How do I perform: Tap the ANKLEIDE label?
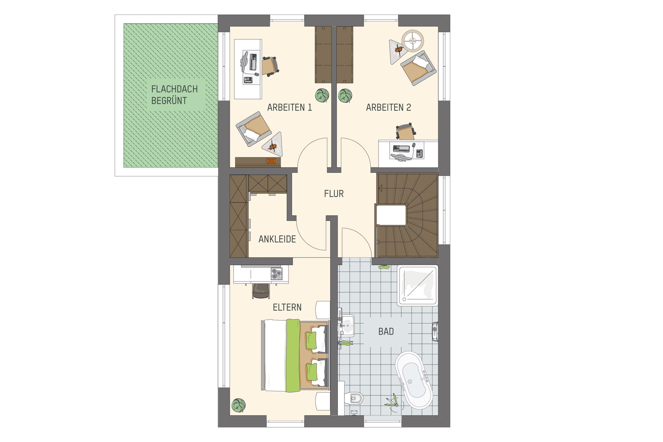tap(277, 239)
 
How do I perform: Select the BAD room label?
tap(386, 332)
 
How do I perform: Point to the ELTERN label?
tap(287, 307)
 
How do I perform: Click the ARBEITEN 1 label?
tap(290, 107)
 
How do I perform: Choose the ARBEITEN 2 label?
tap(388, 107)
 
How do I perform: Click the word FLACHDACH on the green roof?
tap(174, 89)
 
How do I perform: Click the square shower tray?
tap(417, 285)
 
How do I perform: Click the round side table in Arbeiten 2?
tap(413, 41)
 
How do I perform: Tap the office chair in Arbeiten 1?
tap(270, 66)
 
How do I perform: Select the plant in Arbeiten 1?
tap(322, 95)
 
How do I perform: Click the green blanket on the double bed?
tap(293, 356)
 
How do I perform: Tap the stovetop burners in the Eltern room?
tap(276, 274)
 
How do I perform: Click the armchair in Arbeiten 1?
tap(253, 129)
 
